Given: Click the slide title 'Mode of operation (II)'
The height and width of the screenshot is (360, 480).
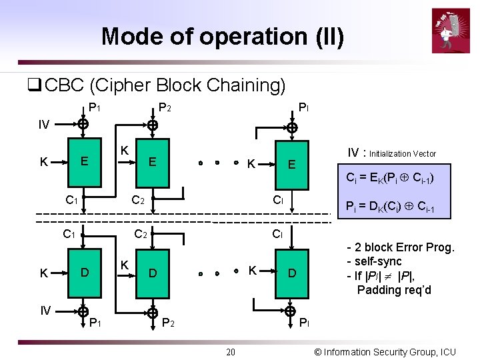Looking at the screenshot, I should click(x=223, y=36).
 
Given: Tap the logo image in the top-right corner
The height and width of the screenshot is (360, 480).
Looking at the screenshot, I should click(x=451, y=30).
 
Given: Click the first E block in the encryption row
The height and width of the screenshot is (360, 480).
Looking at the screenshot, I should click(x=84, y=161).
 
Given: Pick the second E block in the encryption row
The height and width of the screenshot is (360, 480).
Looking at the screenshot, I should click(x=153, y=162).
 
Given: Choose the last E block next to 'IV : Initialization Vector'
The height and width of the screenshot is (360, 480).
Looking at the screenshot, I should click(x=291, y=164).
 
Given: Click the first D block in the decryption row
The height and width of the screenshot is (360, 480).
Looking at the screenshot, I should click(x=84, y=272).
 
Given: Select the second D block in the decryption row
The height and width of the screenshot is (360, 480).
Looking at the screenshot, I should click(x=153, y=273).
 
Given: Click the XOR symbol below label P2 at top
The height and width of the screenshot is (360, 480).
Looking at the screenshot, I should click(x=153, y=125).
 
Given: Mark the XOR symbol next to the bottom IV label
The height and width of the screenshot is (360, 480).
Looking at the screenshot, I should click(x=82, y=310).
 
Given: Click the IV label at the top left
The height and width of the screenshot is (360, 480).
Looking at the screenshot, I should click(x=43, y=124).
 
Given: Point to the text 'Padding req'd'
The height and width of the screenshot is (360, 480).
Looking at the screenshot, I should click(x=394, y=289).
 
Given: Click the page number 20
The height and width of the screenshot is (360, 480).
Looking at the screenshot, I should click(x=230, y=351).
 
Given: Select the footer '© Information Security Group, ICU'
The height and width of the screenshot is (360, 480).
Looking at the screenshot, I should click(x=385, y=351).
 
